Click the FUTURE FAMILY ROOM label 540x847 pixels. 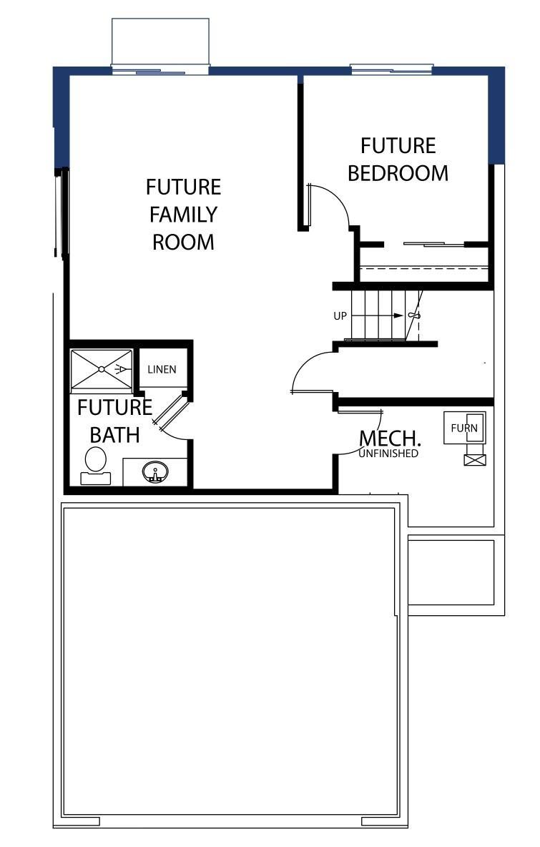pos(184,215)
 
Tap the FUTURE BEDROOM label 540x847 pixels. pos(398,160)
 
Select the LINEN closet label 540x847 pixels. pos(162,369)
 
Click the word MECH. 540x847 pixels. pos(390,438)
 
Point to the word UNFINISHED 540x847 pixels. pos(388,454)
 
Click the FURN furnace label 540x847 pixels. pos(464,429)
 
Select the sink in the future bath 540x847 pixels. pos(155,472)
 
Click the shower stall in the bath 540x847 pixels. pos(102,370)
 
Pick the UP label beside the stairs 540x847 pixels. pos(340,316)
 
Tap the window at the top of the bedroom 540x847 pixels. pos(391,69)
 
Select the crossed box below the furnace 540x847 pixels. pos(475,460)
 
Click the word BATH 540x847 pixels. pos(114,436)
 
